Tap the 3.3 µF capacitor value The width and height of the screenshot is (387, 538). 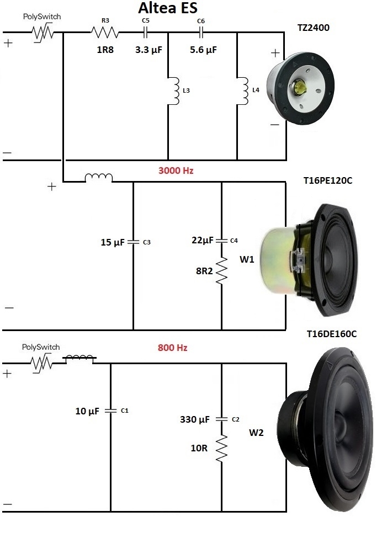coord(148,50)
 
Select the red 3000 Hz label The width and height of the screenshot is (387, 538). coord(176,171)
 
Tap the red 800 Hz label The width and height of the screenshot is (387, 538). coord(172,348)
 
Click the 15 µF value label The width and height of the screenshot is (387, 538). coord(113,242)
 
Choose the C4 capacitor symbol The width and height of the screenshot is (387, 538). coord(221,240)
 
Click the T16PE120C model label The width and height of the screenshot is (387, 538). coord(328,180)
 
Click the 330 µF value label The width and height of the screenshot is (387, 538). coord(195,419)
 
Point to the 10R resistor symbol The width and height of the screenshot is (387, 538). coord(221,448)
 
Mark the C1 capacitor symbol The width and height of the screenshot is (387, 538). coord(110,411)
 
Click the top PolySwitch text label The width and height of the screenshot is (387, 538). coord(42,17)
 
